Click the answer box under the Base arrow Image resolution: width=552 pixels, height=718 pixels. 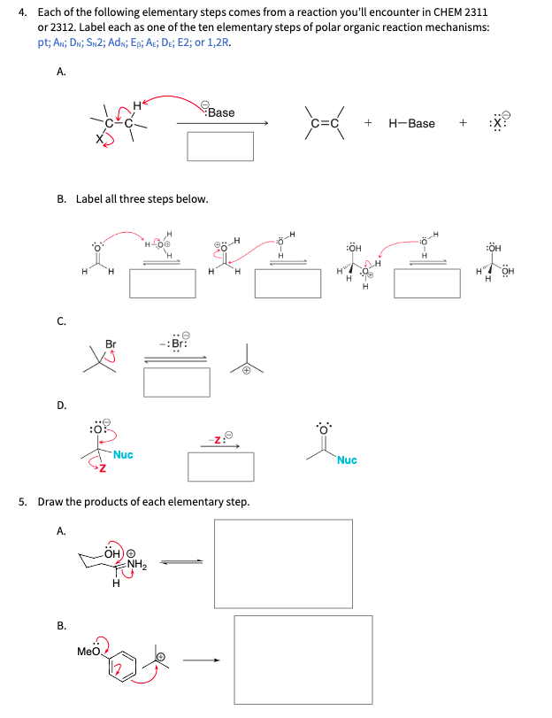point(220,146)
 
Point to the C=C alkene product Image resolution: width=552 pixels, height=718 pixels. point(325,123)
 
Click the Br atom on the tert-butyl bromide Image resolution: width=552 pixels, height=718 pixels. point(111,344)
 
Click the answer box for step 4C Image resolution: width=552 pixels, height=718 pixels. point(177,382)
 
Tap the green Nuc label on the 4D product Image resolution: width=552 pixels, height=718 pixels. point(347,460)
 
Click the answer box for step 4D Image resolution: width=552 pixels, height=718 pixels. point(220,467)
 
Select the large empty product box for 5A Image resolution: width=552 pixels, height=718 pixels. point(283,564)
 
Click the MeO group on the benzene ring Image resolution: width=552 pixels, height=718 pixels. point(89,652)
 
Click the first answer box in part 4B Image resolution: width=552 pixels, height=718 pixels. point(162,282)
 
